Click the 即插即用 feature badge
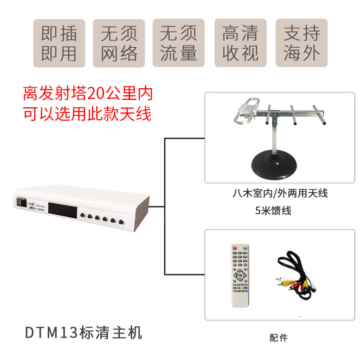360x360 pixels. [x=59, y=43]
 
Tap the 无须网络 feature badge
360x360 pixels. [x=119, y=43]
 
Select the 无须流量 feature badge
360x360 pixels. [x=179, y=43]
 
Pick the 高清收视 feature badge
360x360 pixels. [x=240, y=43]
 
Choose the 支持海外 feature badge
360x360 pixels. [x=301, y=43]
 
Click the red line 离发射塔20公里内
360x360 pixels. [x=88, y=94]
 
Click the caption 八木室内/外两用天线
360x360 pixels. [x=280, y=193]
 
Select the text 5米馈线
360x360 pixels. [x=273, y=210]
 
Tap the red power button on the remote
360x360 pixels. [x=234, y=247]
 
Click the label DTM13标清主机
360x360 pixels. [x=84, y=333]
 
